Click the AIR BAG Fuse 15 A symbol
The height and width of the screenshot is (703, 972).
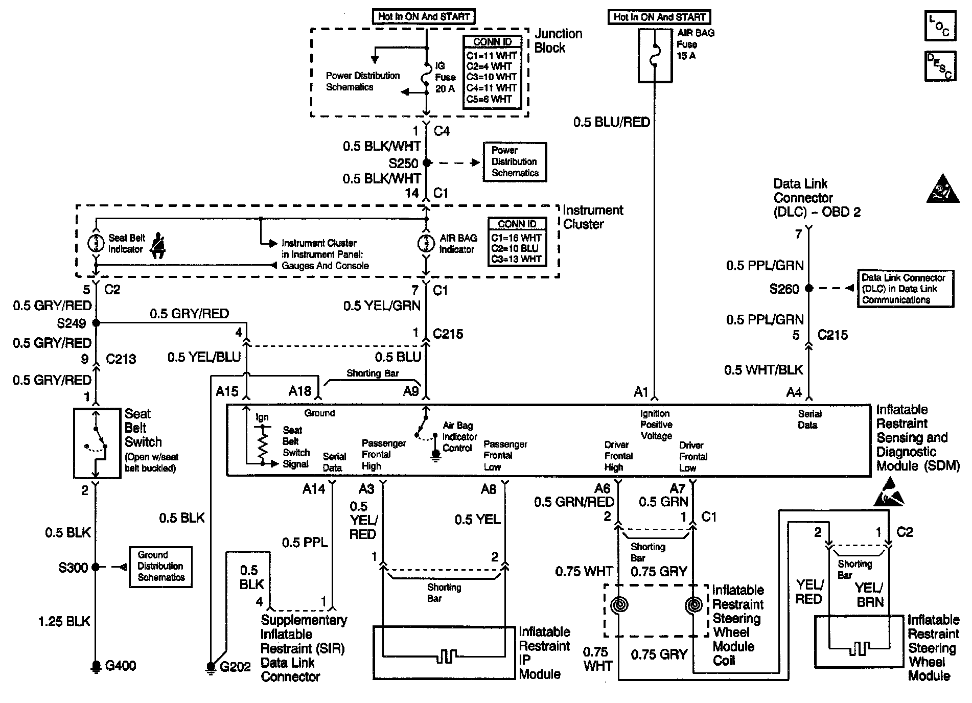[654, 55]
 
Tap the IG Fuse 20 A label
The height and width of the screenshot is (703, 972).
[445, 77]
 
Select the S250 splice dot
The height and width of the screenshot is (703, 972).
[427, 163]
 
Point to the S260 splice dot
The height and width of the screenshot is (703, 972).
[808, 289]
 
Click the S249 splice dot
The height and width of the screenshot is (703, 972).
[96, 323]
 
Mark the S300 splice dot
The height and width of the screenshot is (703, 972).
[96, 567]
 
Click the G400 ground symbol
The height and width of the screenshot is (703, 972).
[96, 666]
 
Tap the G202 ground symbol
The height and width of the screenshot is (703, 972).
[211, 667]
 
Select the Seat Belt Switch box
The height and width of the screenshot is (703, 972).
[97, 443]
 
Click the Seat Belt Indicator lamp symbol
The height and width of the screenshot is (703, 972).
[96, 244]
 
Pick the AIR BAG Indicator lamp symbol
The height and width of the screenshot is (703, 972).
[426, 244]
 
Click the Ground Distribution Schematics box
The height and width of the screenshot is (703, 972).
[160, 567]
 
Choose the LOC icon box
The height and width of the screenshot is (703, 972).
[939, 27]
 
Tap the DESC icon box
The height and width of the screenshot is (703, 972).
[939, 66]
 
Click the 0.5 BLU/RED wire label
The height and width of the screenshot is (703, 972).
[611, 122]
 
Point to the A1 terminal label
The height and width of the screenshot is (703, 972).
[640, 392]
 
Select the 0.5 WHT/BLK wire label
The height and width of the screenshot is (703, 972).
[763, 370]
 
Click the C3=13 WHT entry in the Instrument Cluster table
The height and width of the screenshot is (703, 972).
[516, 260]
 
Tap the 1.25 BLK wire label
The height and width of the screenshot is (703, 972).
[64, 621]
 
